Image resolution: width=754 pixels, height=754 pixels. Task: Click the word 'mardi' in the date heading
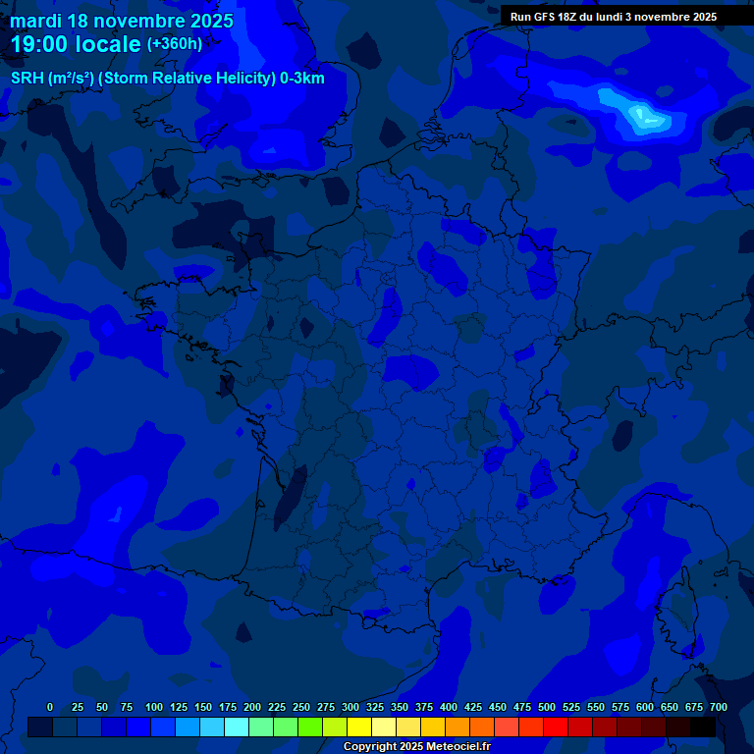[x=36, y=21]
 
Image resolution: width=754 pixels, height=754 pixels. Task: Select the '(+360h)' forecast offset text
[x=175, y=44]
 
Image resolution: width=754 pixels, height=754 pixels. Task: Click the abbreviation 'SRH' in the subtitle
[x=27, y=79]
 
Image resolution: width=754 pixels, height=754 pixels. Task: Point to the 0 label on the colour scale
[x=50, y=707]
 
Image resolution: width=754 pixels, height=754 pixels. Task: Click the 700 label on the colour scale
[x=718, y=707]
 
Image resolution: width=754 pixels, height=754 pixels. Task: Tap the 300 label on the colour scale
[x=350, y=707]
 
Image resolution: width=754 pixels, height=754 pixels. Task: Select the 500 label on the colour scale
[x=547, y=707]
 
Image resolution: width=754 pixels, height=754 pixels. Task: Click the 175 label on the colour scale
[x=228, y=707]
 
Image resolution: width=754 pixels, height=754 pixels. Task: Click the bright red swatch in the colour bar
[x=556, y=727]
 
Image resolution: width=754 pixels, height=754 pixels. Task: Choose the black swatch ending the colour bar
[x=703, y=727]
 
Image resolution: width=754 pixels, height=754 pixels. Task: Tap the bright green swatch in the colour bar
[x=310, y=727]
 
